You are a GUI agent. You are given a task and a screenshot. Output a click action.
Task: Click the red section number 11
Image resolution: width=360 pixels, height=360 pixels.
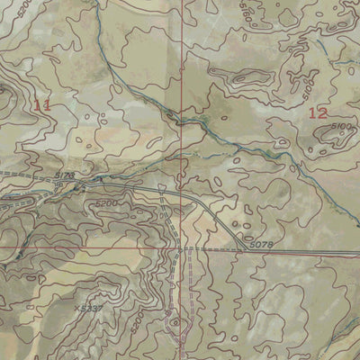pyautogui.click(x=41, y=106)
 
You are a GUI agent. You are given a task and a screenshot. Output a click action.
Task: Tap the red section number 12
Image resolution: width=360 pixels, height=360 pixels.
pyautogui.click(x=317, y=112)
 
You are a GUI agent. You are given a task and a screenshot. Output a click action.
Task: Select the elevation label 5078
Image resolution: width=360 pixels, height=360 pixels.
pyautogui.click(x=260, y=244)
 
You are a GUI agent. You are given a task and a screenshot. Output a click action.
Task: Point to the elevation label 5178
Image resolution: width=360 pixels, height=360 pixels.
pyautogui.click(x=63, y=175)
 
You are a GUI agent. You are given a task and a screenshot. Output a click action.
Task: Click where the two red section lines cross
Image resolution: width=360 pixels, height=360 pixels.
pyautogui.click(x=182, y=247)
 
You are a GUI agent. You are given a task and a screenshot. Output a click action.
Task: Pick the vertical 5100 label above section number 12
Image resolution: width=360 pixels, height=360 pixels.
pyautogui.click(x=308, y=90)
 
